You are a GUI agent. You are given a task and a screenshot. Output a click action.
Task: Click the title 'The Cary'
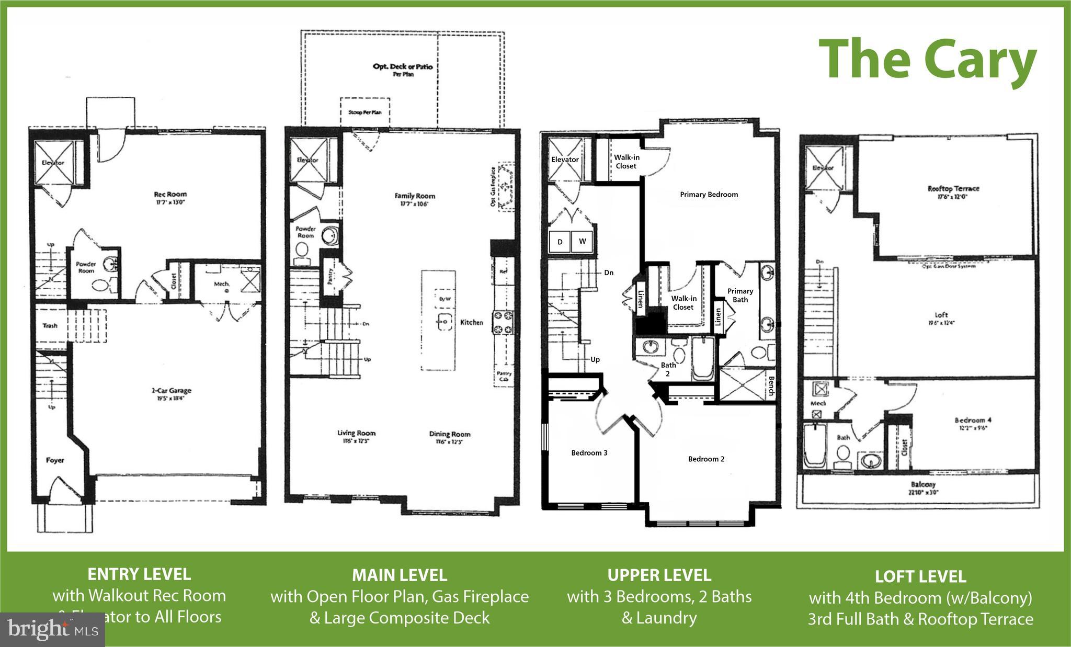(927, 61)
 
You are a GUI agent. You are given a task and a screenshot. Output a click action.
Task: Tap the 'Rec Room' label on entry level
(170, 194)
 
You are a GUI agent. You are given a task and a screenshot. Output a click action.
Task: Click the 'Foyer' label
(55, 460)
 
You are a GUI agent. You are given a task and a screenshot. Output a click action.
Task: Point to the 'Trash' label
(50, 326)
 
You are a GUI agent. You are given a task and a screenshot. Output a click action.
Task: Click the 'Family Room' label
(415, 196)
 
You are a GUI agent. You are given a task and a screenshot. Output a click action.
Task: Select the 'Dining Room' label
(450, 434)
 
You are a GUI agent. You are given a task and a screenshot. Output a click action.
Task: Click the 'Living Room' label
(356, 433)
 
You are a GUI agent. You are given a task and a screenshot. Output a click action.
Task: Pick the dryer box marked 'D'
(560, 242)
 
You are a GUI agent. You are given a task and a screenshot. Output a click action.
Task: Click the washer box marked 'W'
(582, 242)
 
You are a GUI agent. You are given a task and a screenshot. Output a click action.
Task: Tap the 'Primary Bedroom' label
(709, 195)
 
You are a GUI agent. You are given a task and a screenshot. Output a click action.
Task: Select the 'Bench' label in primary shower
(771, 386)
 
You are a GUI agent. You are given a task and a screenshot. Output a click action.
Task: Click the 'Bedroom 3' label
(589, 453)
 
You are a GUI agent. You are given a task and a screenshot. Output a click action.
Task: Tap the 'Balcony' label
(923, 485)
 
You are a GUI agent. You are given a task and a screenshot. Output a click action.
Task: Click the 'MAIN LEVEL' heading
(400, 575)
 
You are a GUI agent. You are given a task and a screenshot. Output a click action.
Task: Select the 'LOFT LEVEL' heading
(920, 577)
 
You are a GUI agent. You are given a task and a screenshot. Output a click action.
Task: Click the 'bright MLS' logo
(52, 629)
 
